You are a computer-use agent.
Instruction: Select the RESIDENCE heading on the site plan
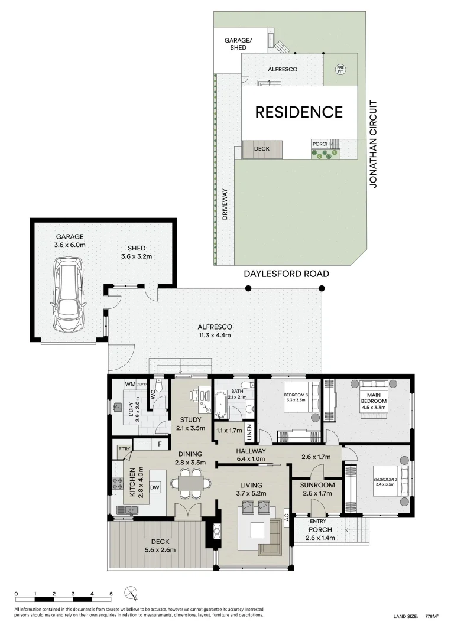coord(298,112)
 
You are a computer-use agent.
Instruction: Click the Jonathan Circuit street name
coord(373,144)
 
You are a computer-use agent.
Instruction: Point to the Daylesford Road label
coord(286,274)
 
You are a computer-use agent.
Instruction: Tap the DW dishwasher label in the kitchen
coord(154,487)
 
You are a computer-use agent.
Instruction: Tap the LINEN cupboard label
coord(249,433)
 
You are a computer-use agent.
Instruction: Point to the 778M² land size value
coord(431,616)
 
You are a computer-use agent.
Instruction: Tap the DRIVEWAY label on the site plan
coord(225,204)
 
